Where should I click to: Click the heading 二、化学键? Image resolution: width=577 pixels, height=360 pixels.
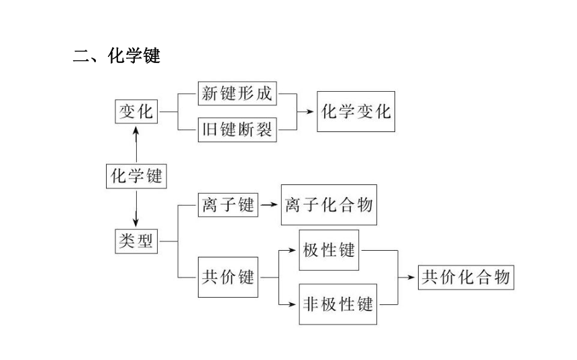tap(117, 56)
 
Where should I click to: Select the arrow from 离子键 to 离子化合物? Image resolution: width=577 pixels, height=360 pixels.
tap(269, 205)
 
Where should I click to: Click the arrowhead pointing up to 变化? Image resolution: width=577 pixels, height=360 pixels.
tap(136, 130)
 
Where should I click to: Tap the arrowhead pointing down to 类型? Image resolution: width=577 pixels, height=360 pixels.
tap(136, 223)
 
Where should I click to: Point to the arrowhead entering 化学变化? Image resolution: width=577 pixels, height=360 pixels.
tap(310, 111)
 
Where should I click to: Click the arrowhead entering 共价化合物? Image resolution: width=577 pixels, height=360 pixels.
tap(411, 278)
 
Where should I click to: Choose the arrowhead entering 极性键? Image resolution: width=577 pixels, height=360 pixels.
tap(292, 250)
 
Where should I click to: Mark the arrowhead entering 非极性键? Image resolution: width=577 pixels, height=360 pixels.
tap(292, 304)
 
